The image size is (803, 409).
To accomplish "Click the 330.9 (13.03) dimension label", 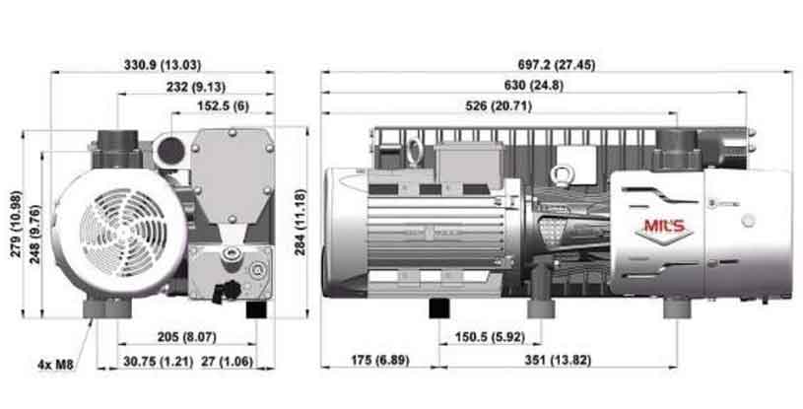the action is click(x=163, y=65).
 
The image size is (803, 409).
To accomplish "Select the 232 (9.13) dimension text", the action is click(x=196, y=87).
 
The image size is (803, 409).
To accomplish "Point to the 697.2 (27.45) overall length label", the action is click(x=557, y=65).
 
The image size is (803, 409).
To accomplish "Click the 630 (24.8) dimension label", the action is click(x=534, y=86).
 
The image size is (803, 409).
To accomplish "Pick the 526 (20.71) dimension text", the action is click(x=499, y=106).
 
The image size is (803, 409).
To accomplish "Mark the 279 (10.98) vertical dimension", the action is click(x=16, y=224).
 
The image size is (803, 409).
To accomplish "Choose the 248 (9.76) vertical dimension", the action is click(x=34, y=235).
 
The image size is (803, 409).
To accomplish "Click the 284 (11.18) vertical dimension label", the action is click(x=300, y=222).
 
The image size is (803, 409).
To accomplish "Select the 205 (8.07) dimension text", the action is click(x=186, y=337).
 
